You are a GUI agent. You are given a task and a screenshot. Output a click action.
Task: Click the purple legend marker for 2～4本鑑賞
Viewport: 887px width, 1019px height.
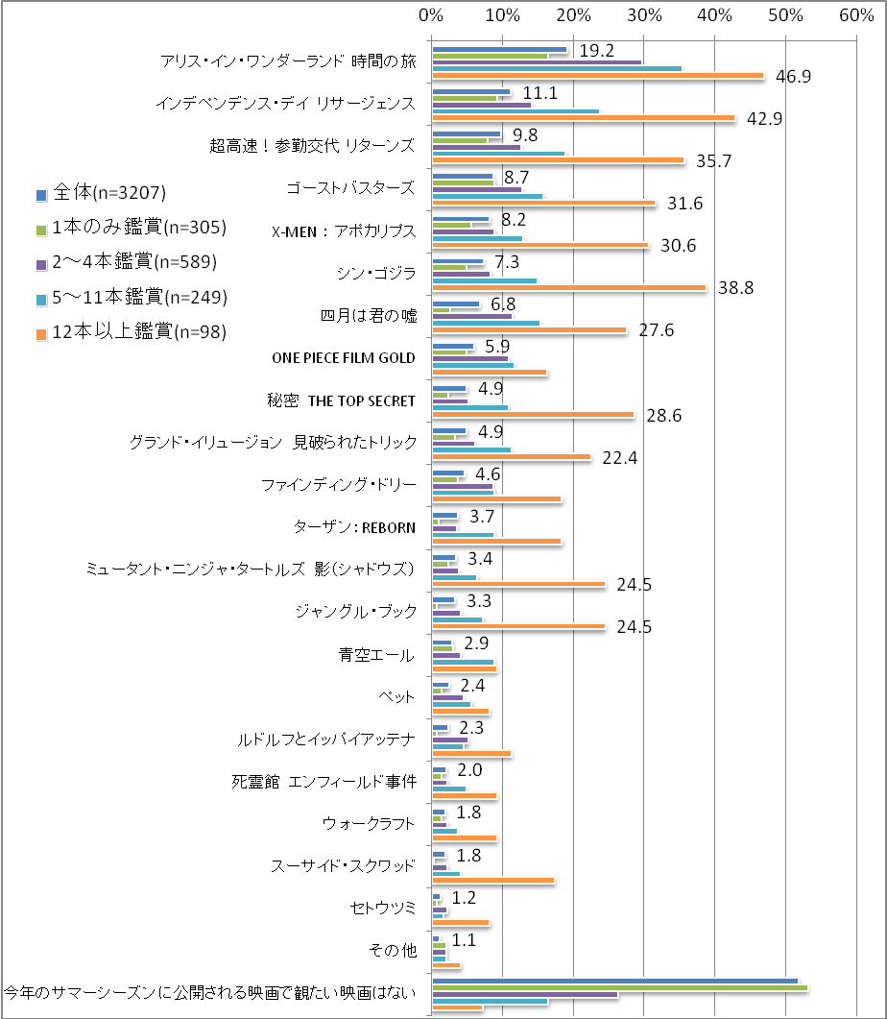point(41,262)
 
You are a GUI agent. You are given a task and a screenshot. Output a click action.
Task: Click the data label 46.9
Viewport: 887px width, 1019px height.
point(793,77)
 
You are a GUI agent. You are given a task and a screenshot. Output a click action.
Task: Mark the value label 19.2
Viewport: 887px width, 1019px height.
point(595,51)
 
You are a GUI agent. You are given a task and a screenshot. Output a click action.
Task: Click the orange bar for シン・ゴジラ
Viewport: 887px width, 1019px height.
point(569,288)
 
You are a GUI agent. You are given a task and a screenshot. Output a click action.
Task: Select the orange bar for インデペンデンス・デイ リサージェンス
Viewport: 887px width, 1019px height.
point(584,119)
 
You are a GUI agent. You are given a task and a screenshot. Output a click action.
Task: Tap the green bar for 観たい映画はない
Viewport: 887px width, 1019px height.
point(620,986)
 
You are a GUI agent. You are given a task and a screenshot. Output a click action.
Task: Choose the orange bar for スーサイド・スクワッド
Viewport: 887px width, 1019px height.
point(493,880)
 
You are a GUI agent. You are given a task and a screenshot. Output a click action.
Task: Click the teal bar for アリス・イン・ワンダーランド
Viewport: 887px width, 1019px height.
point(557,68)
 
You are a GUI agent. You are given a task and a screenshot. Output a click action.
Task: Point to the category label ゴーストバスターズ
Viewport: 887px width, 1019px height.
point(350,187)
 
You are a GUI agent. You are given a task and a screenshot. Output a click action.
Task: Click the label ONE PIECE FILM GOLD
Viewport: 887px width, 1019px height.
point(344,357)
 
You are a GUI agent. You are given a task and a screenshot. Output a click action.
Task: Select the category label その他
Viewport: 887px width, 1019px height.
point(394,950)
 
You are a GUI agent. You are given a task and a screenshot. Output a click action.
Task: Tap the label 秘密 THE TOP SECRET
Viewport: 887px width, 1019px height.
point(342,400)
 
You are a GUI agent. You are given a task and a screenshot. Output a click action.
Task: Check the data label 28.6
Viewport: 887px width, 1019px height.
point(661,415)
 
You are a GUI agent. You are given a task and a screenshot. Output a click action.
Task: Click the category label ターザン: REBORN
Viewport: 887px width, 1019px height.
point(355,526)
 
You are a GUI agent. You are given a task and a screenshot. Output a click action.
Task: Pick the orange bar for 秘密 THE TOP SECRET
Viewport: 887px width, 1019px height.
point(533,415)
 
